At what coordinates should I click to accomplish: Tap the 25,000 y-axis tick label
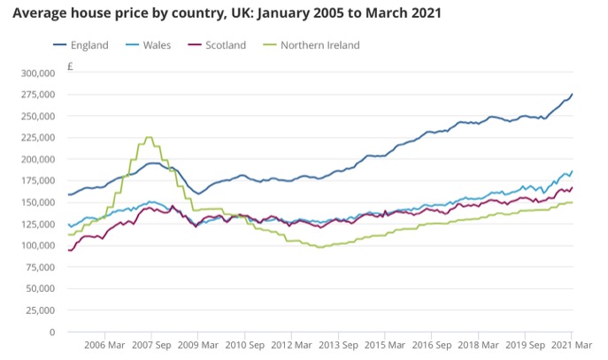click(40, 310)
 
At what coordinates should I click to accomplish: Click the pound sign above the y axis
click(69, 65)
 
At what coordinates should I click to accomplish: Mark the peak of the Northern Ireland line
click(149, 138)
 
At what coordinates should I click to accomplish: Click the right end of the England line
click(572, 95)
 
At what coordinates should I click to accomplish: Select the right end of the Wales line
click(572, 172)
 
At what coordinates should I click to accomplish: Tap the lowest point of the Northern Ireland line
click(320, 248)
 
